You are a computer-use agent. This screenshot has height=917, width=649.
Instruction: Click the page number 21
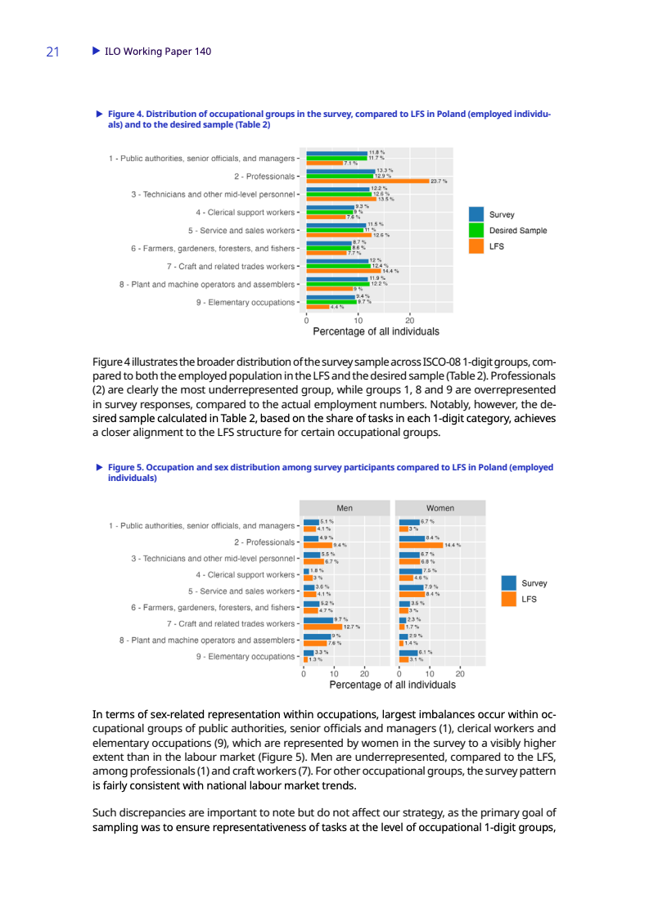point(52,52)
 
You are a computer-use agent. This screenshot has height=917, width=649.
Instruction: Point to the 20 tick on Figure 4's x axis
point(409,320)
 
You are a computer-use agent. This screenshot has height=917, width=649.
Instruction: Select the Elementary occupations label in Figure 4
point(246,303)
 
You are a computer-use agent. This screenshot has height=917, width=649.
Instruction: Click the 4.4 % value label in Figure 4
point(337,308)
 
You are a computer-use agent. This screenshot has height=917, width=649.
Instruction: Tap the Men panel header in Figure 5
point(345,508)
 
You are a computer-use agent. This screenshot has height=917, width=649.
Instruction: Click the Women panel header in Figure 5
point(439,508)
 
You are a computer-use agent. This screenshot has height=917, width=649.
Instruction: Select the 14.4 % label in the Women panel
point(453,545)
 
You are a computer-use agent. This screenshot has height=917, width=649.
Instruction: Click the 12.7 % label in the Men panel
point(353,627)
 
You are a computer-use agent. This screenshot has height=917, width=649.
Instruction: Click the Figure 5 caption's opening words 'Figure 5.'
point(125,468)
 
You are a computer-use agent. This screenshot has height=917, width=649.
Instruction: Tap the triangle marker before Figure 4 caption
point(99,114)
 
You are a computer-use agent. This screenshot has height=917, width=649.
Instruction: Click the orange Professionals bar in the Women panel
point(420,545)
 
